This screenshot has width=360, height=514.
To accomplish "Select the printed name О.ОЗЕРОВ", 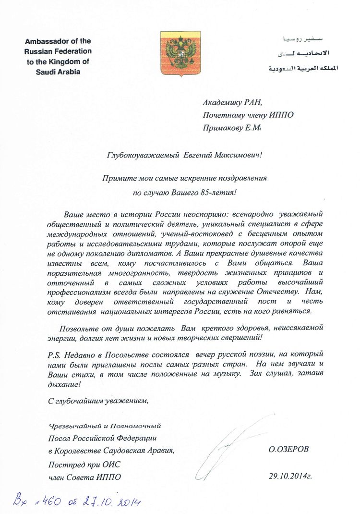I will point(289,450).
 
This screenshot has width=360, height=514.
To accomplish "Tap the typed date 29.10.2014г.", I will point(290,477).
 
